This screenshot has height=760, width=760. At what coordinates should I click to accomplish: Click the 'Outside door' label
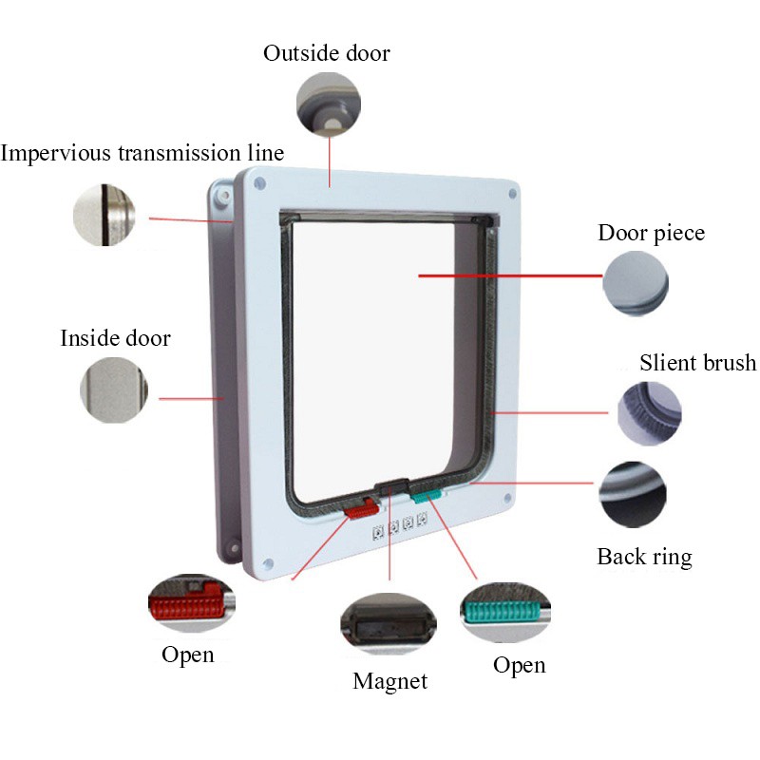(x=326, y=53)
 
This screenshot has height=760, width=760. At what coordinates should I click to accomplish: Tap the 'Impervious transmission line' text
(x=142, y=153)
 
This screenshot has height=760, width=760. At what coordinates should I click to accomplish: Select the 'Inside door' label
(x=115, y=338)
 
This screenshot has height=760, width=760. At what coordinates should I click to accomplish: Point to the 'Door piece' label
(x=651, y=234)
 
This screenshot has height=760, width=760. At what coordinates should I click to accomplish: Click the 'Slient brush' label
(x=697, y=363)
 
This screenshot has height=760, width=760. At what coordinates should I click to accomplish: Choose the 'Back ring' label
(x=644, y=557)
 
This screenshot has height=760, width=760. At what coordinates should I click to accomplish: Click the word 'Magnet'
(x=389, y=681)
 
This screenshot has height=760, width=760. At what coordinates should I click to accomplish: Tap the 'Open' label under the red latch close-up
(x=187, y=655)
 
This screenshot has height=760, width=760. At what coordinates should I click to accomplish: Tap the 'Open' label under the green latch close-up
(x=519, y=665)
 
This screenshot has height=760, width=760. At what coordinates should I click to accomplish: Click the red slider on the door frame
(x=360, y=510)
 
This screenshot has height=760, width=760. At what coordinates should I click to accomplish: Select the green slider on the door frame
(x=427, y=495)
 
